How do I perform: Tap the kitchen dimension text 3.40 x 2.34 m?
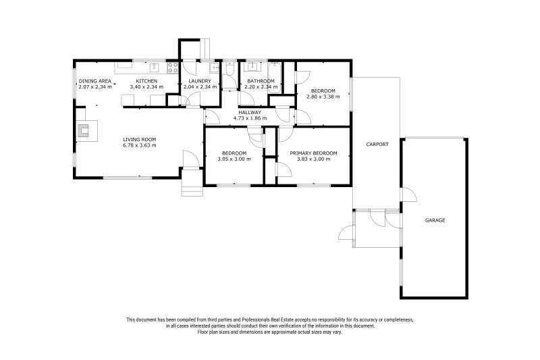[x=146, y=87]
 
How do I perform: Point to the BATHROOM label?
[x=261, y=81]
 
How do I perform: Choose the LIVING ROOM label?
[x=139, y=139]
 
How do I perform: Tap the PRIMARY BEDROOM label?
[x=310, y=153]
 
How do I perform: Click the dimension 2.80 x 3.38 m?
[x=323, y=97]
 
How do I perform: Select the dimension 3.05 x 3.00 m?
[x=234, y=159]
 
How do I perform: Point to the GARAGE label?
[x=435, y=220]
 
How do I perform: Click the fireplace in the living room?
[x=86, y=130]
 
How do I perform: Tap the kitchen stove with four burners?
[x=172, y=67]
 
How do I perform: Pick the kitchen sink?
[x=155, y=66]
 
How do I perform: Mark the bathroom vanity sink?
[x=254, y=66]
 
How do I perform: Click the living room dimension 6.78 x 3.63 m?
[x=139, y=145]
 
